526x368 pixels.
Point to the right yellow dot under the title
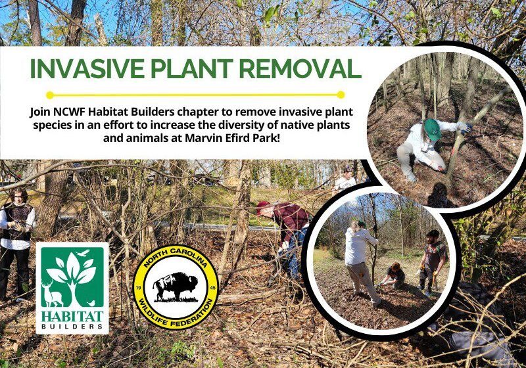pos(341,95)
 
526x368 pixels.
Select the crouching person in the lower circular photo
pos(394,275)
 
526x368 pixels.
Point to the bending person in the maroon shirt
pos(286,227)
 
